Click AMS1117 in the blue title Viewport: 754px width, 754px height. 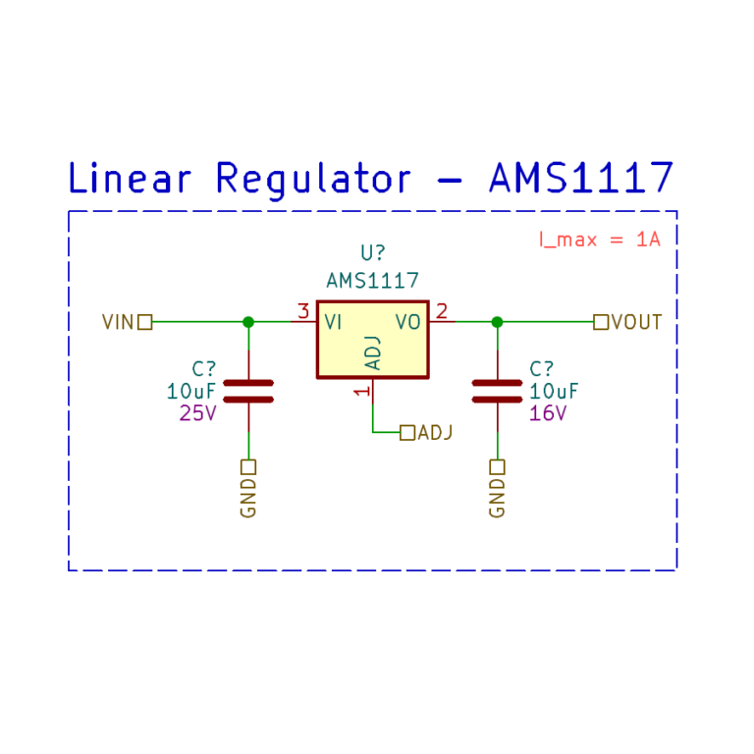(x=582, y=178)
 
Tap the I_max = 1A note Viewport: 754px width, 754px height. (x=599, y=239)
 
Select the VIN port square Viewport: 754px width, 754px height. (x=145, y=321)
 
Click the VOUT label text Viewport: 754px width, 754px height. (x=636, y=322)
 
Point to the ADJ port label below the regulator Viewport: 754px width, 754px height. (x=436, y=432)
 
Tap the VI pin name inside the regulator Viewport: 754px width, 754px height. (x=333, y=321)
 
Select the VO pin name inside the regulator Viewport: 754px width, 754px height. (x=408, y=321)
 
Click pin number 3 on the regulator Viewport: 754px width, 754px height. (x=303, y=311)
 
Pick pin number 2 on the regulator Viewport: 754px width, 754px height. (x=442, y=311)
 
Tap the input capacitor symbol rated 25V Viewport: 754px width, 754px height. (x=248, y=391)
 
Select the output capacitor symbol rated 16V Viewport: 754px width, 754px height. (x=497, y=391)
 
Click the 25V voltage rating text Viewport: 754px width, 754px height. (x=197, y=413)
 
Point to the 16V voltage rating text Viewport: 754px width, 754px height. (x=548, y=413)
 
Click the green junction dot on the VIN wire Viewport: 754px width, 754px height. (x=248, y=321)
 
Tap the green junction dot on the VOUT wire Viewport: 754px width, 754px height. (x=497, y=321)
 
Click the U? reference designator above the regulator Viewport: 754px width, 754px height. (x=372, y=253)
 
